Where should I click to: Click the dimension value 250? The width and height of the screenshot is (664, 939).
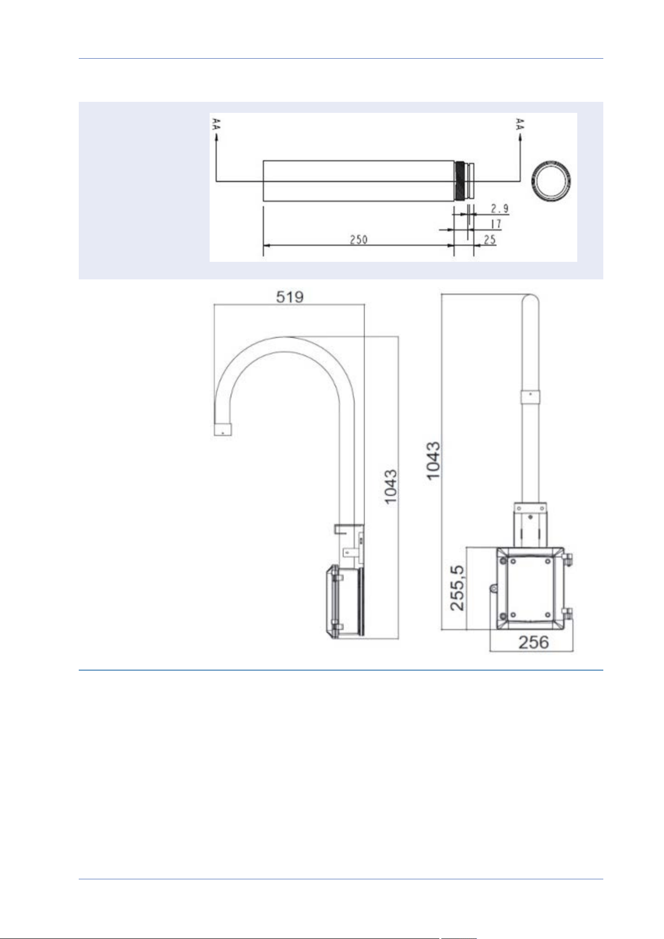tap(359, 239)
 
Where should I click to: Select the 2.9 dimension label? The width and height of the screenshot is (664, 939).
tap(500, 208)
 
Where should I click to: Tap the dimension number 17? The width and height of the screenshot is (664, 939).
tap(495, 224)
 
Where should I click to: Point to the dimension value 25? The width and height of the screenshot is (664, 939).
tap(490, 239)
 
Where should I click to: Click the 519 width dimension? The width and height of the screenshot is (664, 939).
tap(290, 297)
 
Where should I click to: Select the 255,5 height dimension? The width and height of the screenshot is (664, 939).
tap(457, 588)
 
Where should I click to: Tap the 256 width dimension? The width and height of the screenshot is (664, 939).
tap(534, 642)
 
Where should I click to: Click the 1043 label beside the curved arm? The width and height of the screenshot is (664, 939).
tap(390, 487)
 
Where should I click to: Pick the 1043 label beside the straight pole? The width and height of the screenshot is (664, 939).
tap(433, 460)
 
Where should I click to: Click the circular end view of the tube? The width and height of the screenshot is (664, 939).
tap(534, 181)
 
